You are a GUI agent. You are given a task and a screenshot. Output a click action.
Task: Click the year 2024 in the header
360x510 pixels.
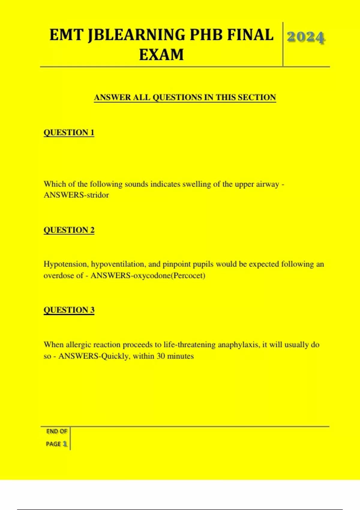(x=306, y=37)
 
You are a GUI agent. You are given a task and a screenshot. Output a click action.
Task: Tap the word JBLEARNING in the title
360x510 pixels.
(x=136, y=35)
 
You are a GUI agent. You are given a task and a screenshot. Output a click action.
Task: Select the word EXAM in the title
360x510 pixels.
(x=161, y=55)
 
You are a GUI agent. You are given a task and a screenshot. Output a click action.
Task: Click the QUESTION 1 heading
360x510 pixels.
(x=69, y=132)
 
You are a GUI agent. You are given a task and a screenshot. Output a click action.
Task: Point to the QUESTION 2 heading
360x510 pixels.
(x=69, y=230)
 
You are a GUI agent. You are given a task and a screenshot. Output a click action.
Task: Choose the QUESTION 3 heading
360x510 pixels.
(x=69, y=310)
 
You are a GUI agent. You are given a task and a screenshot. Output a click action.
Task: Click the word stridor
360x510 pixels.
(x=97, y=195)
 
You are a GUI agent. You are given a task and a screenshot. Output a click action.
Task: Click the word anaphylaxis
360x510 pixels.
(x=238, y=344)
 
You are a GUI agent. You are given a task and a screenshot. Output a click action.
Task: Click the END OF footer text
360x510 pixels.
(x=56, y=431)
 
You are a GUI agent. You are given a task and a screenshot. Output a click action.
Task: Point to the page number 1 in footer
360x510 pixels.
(x=65, y=444)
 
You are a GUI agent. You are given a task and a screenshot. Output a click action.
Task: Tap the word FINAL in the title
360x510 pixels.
(x=250, y=35)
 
